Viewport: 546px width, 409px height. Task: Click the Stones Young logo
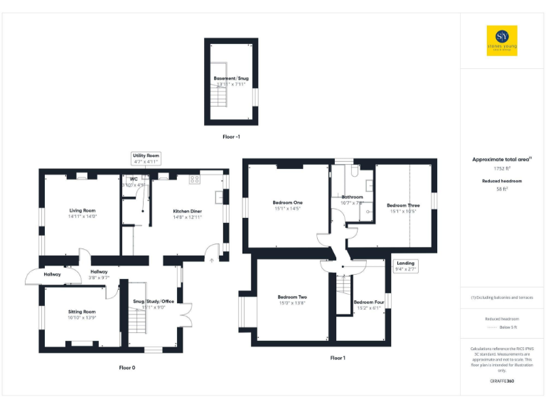click(502, 40)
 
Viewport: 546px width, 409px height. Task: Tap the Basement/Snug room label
click(231, 78)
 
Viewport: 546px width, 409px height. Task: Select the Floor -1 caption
click(231, 136)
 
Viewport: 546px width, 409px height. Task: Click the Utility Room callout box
click(146, 158)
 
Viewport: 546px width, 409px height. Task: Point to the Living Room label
click(82, 211)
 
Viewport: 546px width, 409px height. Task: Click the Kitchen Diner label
click(187, 211)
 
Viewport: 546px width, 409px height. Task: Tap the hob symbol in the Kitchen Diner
click(193, 180)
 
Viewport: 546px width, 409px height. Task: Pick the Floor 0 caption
click(127, 368)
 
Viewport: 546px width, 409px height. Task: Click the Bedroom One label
click(287, 203)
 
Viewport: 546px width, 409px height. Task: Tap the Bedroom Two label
click(292, 297)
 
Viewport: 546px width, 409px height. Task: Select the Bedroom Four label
click(368, 302)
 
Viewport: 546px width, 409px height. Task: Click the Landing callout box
click(405, 266)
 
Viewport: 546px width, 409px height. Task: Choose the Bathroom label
click(352, 197)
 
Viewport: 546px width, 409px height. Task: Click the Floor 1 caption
click(338, 358)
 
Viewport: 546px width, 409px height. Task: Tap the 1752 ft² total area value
click(503, 169)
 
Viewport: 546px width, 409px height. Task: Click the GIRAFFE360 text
click(502, 381)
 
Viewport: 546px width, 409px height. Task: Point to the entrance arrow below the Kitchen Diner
click(211, 260)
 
